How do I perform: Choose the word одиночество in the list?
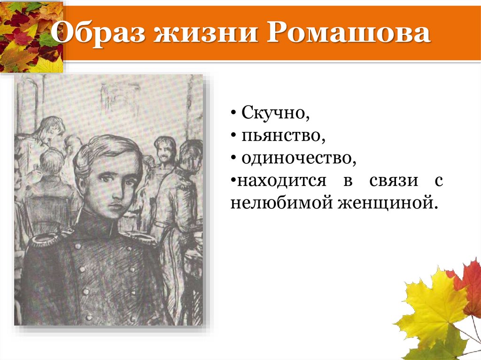[299, 159]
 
